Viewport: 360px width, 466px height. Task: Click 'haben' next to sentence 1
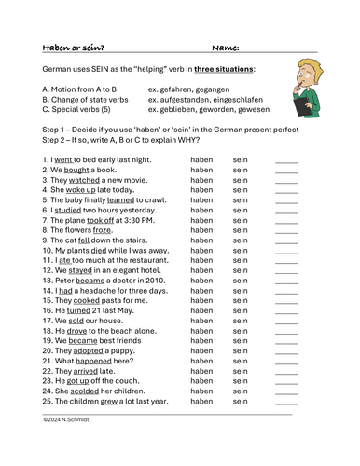[201, 159]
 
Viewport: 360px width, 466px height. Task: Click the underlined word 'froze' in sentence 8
[102, 230]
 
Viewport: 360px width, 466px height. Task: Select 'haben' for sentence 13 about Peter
[201, 280]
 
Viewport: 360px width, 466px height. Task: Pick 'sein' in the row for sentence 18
[241, 330]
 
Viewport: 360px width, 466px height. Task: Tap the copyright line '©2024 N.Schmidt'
[71, 420]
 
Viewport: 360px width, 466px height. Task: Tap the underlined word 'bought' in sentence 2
[77, 170]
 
